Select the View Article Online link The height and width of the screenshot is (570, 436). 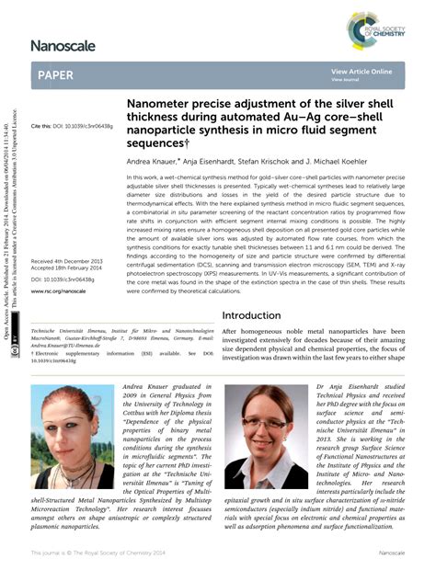361,71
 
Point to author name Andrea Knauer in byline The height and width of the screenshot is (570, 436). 154,161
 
